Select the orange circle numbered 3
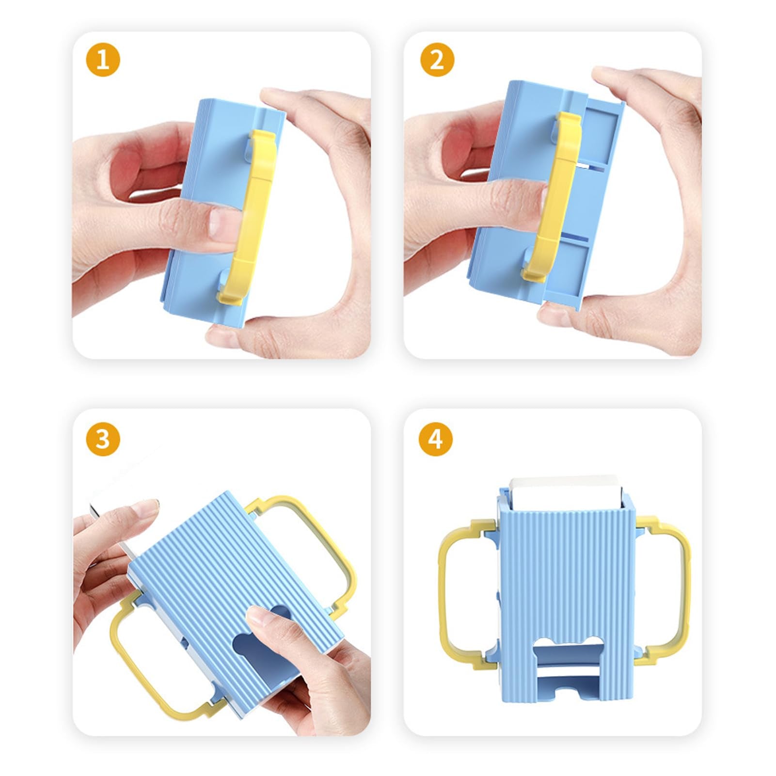click(103, 439)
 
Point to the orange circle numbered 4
click(435, 439)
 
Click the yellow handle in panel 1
click(250, 213)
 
